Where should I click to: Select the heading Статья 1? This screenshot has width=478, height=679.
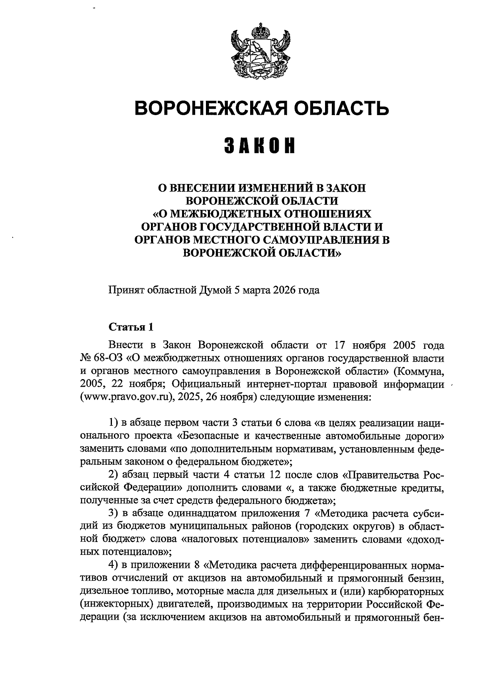click(x=131, y=328)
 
